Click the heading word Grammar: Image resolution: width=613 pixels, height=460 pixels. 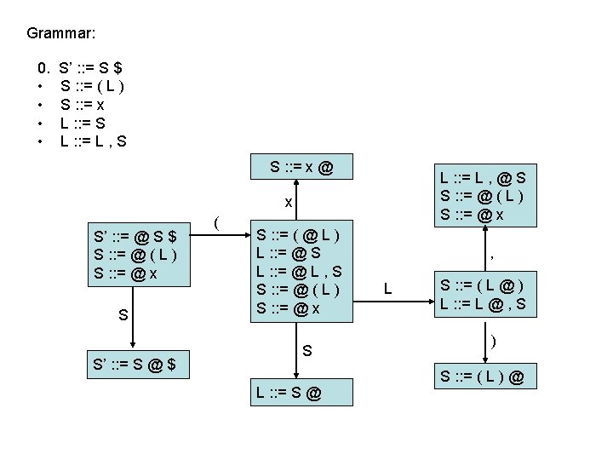[x=60, y=34]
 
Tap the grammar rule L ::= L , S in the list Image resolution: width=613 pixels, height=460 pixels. [x=94, y=141]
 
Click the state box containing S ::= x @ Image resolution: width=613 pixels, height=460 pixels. [x=301, y=167]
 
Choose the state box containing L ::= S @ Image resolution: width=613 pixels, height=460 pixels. [x=289, y=393]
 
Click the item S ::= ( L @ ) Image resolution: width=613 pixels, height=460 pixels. [x=481, y=285]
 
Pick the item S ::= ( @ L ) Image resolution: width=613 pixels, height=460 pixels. [x=300, y=233]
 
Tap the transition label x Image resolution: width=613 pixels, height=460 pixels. [x=289, y=203]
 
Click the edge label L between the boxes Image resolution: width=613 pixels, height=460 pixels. [x=387, y=289]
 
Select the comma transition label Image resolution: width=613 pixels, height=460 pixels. [x=493, y=253]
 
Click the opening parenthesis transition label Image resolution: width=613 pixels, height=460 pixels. [x=218, y=224]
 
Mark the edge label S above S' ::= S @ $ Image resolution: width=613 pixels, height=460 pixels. [x=124, y=315]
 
